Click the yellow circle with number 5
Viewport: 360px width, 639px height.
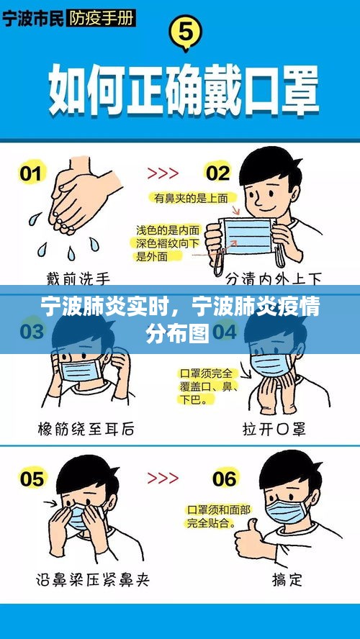[x=186, y=32]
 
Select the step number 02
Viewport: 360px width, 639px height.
[x=217, y=173]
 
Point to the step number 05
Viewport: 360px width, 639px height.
[x=32, y=479]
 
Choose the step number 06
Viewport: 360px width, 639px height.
[x=223, y=479]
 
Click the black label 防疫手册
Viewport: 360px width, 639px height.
[x=101, y=19]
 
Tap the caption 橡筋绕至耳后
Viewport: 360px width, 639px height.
[x=86, y=429]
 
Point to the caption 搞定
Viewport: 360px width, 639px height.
[x=287, y=579]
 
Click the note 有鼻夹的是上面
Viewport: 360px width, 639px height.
[x=191, y=198]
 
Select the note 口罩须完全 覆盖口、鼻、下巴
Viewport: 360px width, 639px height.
[x=207, y=386]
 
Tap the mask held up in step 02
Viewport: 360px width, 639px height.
[x=247, y=235]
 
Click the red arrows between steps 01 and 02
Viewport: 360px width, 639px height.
[x=163, y=173]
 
